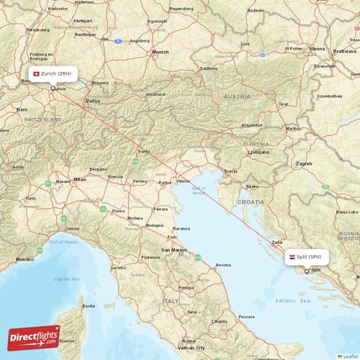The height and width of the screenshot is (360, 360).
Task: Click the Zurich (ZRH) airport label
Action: [x=56, y=74]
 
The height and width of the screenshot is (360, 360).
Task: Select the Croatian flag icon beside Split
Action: [x=292, y=256]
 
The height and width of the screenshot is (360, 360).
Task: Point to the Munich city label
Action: [x=159, y=52]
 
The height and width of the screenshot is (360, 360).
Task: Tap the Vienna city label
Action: [x=317, y=48]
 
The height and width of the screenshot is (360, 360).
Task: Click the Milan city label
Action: [x=79, y=179]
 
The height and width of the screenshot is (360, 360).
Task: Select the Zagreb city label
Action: [x=304, y=163]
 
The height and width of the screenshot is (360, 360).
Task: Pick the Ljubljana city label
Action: [x=258, y=153]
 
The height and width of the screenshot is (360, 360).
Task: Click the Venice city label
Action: [x=184, y=181]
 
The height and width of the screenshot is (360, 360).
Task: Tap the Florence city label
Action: [x=150, y=257]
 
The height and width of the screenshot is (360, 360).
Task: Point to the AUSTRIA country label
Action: [x=237, y=96]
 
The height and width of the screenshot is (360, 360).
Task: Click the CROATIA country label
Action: [x=251, y=202]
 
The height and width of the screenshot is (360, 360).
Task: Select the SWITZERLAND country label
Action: [x=40, y=138]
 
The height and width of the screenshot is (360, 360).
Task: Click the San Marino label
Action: [x=174, y=250]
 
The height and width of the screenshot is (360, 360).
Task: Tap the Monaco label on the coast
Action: [x=24, y=258]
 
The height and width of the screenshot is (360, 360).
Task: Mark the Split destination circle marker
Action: [x=307, y=271]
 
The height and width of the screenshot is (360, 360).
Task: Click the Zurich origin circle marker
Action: [x=53, y=88]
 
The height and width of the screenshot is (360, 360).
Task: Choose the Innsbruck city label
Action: [x=156, y=94]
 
